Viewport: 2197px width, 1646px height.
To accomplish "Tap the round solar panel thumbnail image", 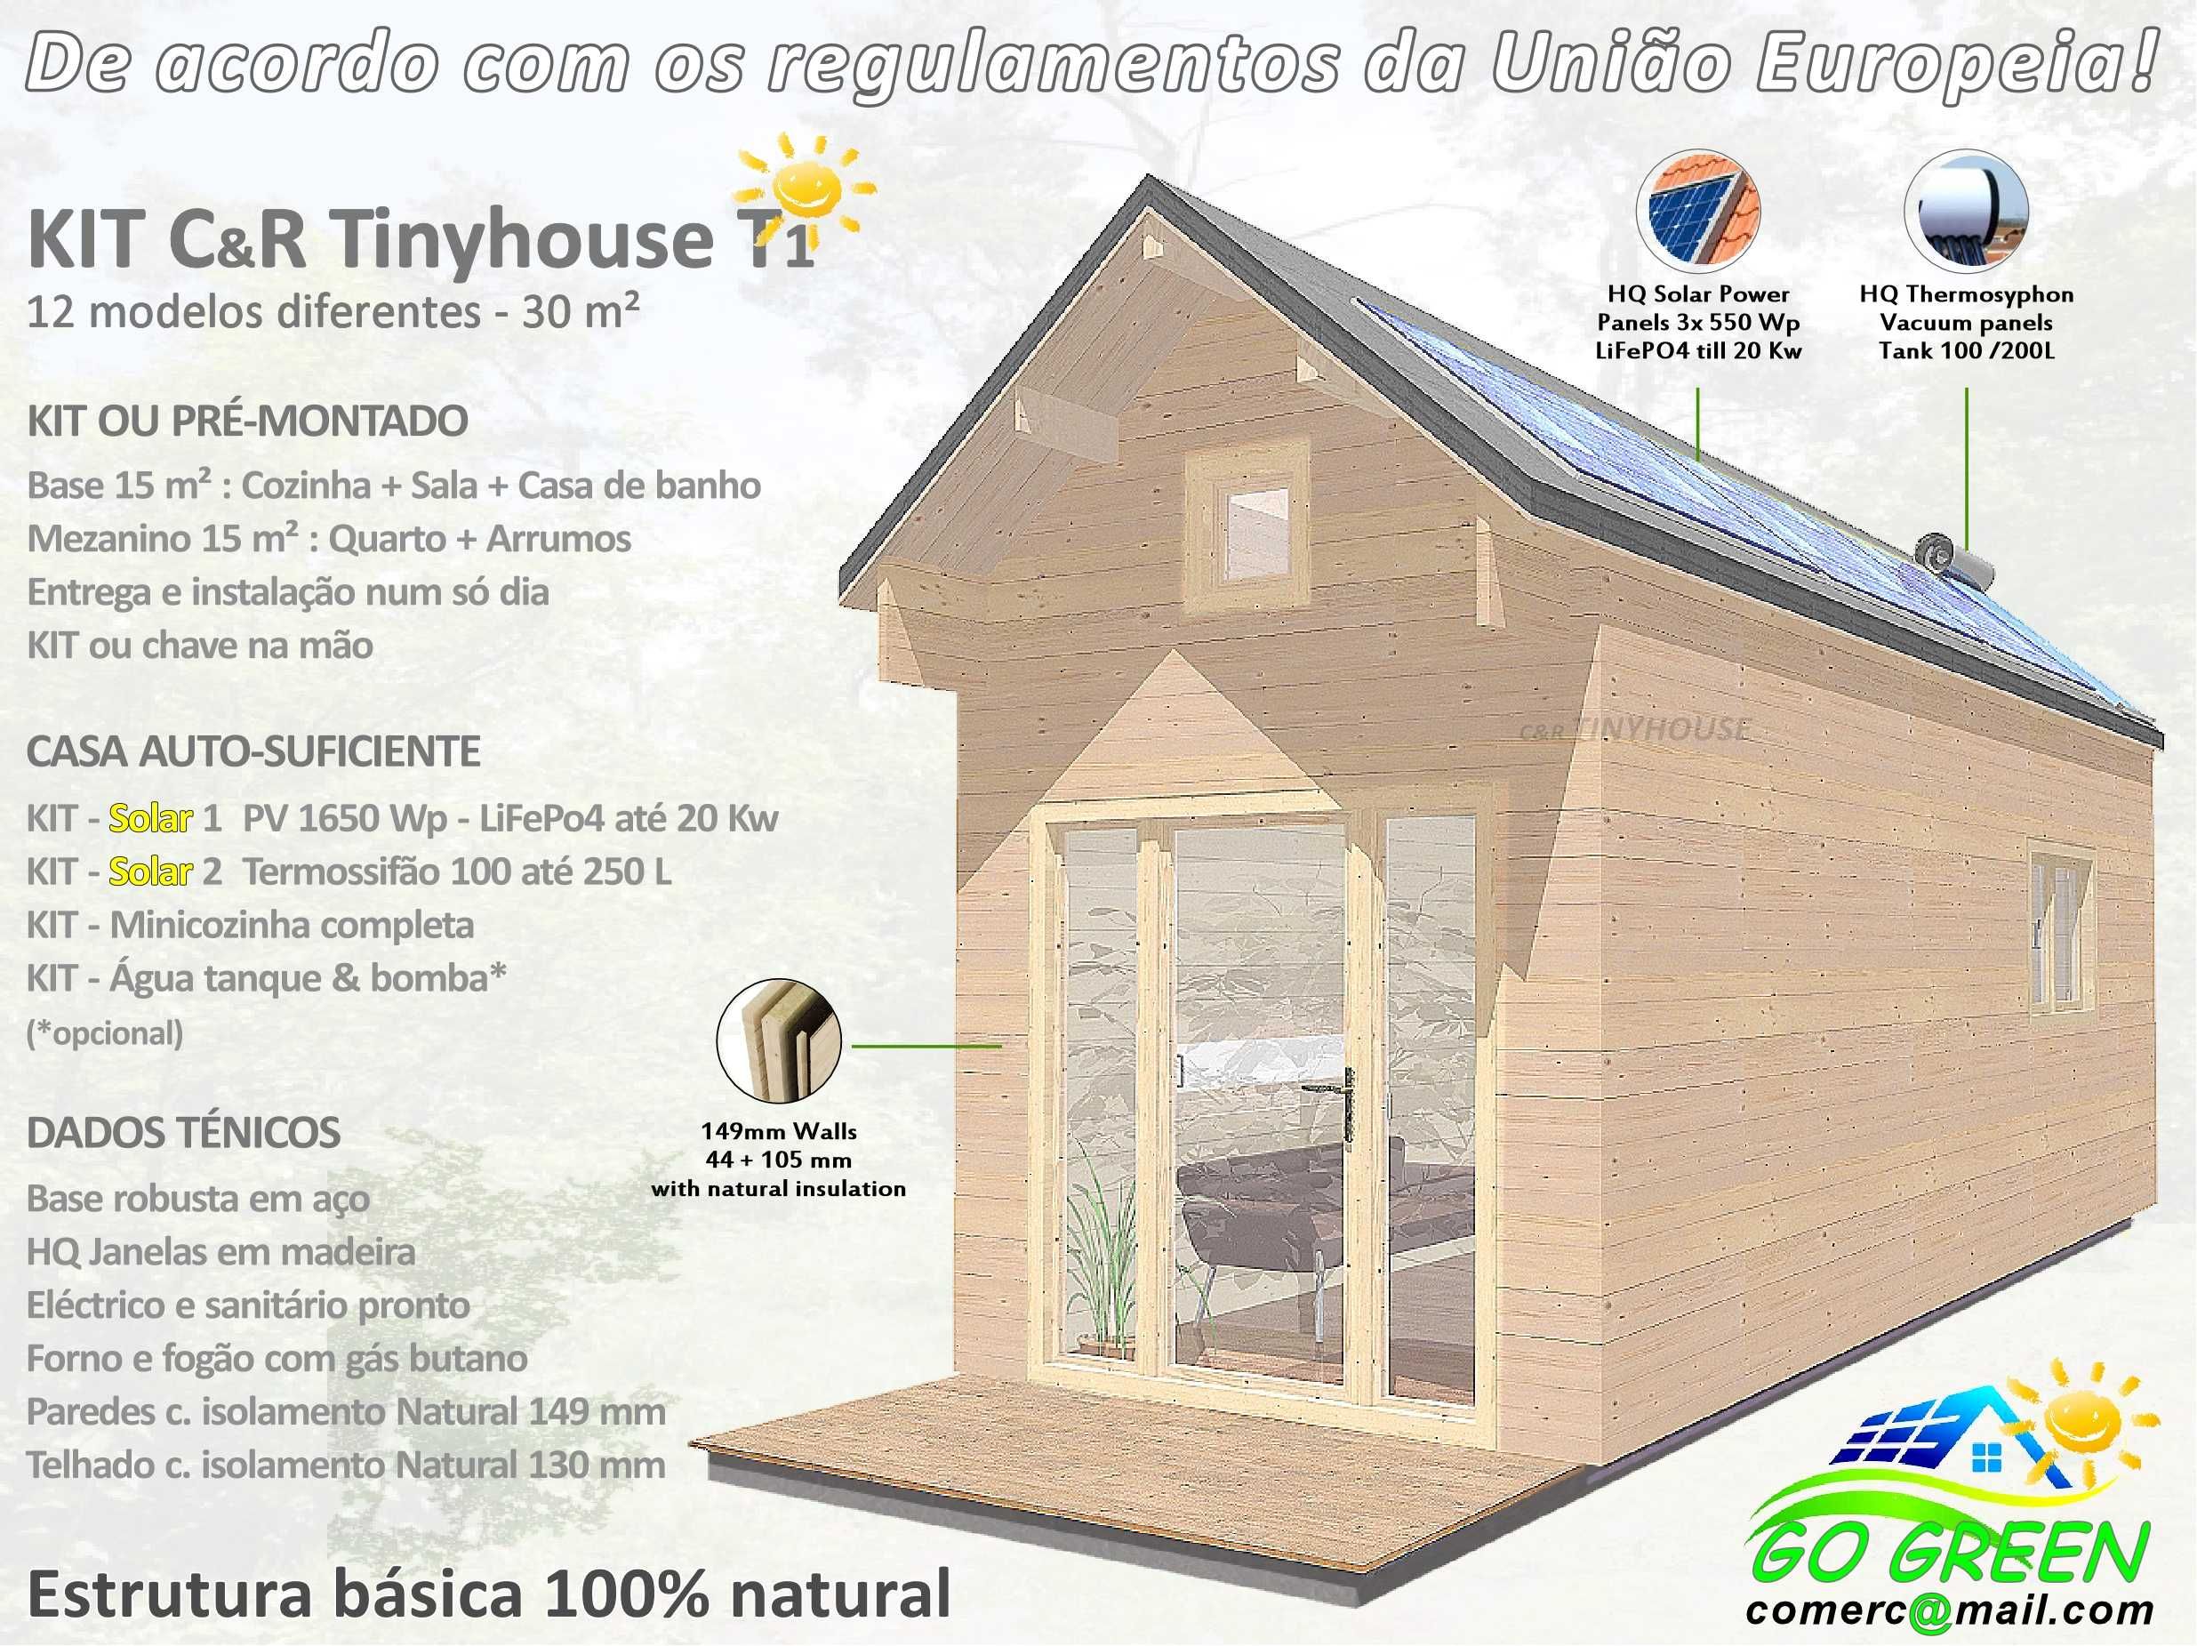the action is point(1698,213).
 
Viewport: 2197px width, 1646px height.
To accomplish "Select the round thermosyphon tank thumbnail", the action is point(1966,213).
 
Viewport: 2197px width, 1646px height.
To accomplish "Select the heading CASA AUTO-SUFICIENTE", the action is point(253,751).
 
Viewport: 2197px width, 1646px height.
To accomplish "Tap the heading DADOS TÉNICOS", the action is point(184,1132).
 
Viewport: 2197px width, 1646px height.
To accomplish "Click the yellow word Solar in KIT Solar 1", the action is point(150,817).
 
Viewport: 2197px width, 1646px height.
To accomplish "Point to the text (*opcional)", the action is point(105,1033).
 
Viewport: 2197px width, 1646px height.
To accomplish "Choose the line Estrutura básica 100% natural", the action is point(489,1594).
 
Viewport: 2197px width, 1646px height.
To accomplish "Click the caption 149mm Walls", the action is point(779,1131).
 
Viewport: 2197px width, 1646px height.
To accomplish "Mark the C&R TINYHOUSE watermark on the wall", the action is point(1634,730).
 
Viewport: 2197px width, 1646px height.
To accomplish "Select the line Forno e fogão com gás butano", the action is point(277,1358).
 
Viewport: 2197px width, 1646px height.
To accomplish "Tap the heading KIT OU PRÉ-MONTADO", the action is point(247,422).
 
